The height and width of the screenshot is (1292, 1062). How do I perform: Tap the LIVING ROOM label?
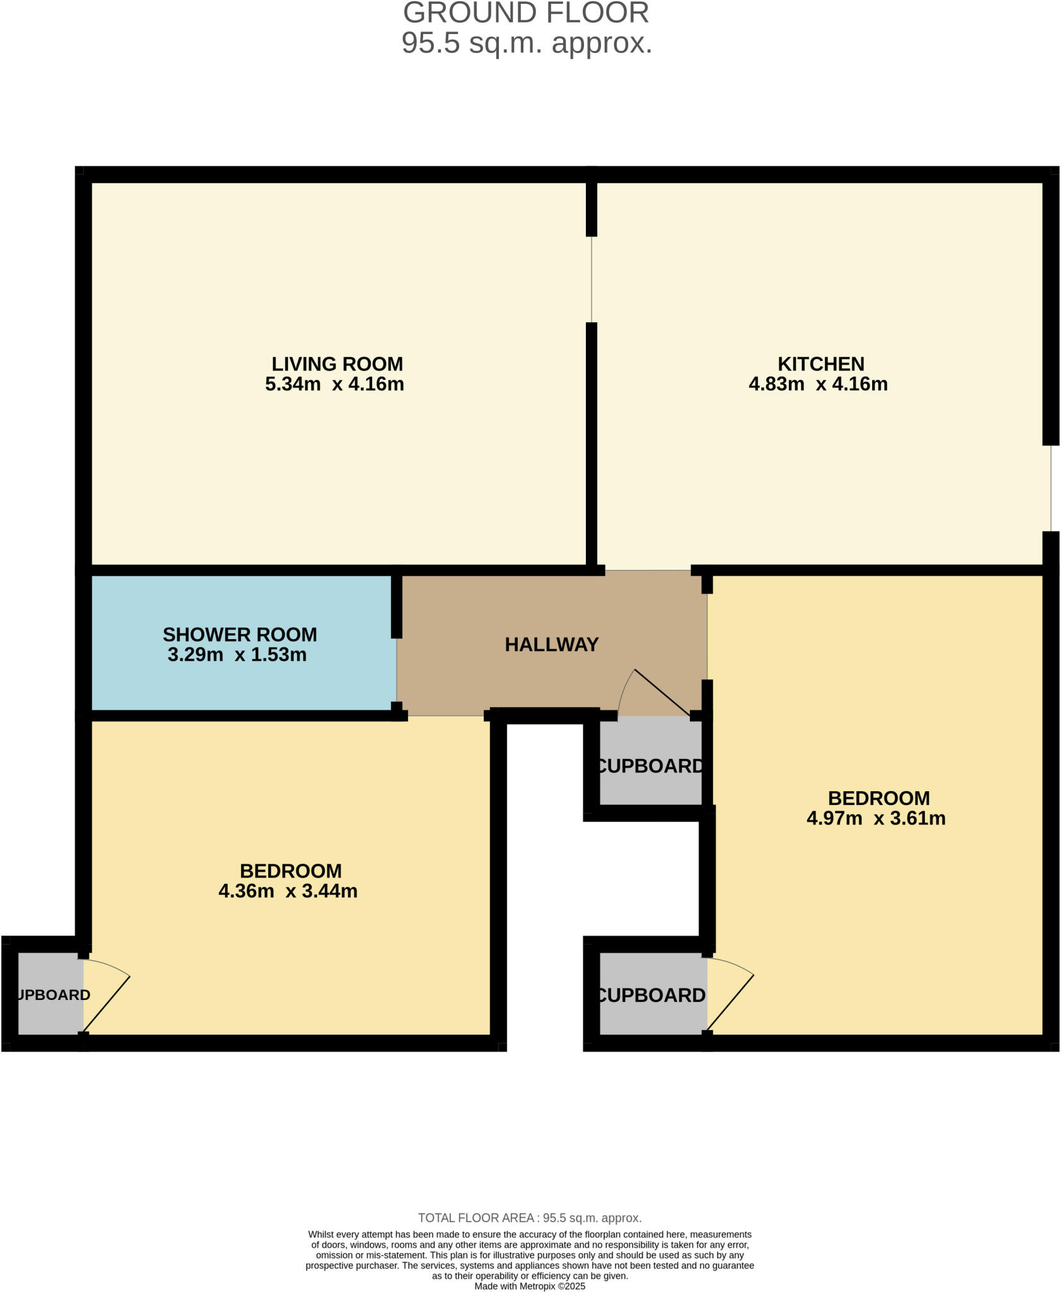[337, 364]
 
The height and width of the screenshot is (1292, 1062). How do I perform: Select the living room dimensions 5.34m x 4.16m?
[334, 384]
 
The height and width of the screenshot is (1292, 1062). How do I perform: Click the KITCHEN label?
[820, 364]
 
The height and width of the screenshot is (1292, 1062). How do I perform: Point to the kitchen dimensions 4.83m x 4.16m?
[818, 384]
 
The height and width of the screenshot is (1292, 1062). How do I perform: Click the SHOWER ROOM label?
[240, 635]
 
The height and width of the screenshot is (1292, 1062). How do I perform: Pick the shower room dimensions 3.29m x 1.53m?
[237, 655]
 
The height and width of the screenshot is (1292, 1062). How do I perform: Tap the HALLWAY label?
[551, 645]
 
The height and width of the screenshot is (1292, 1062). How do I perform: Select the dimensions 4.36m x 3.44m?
[288, 891]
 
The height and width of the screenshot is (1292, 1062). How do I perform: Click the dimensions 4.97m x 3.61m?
[876, 819]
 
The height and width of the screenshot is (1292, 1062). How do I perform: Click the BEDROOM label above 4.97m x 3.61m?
[878, 799]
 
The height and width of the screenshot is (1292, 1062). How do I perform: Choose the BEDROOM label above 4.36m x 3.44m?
[291, 871]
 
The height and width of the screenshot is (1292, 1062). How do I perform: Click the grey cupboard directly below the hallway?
[650, 763]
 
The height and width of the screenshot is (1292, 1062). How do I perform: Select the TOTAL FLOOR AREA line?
[530, 1218]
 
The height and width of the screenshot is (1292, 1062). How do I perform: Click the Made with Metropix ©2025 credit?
[530, 1286]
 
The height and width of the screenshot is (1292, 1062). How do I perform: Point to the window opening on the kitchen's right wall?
[1051, 488]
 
